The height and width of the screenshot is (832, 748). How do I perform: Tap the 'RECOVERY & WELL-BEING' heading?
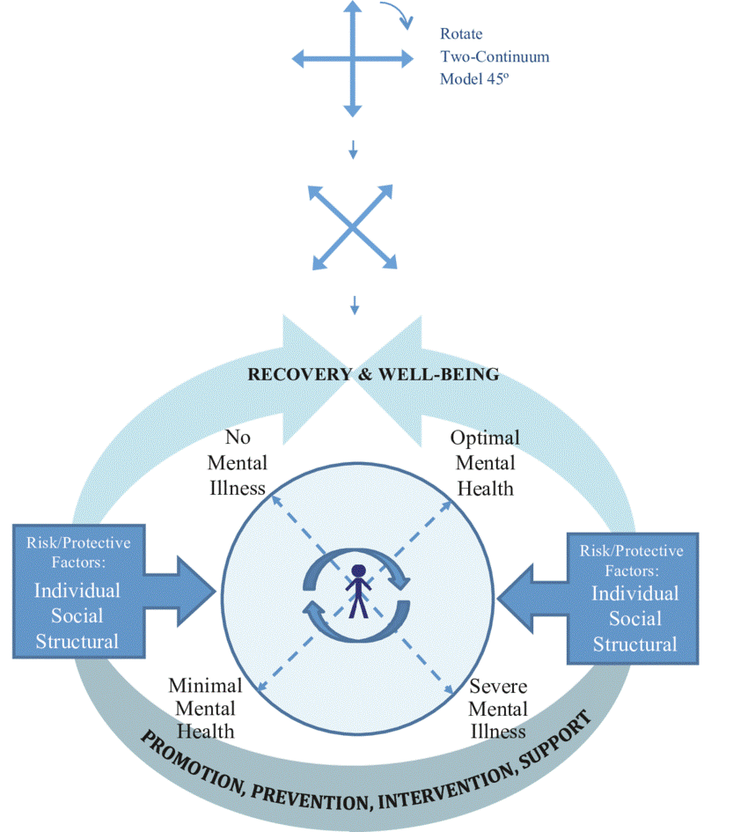point(373,374)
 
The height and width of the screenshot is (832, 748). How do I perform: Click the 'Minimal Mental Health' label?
point(205,708)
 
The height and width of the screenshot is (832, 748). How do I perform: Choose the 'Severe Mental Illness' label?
point(498,709)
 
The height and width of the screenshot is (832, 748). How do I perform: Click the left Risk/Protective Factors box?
point(77,591)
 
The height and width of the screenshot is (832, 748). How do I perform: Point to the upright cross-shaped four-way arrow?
point(352,59)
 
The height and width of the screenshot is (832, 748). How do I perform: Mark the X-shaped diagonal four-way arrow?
point(352,226)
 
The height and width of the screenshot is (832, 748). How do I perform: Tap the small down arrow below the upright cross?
point(353,150)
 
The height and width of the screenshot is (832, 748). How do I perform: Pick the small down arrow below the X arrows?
point(354,305)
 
